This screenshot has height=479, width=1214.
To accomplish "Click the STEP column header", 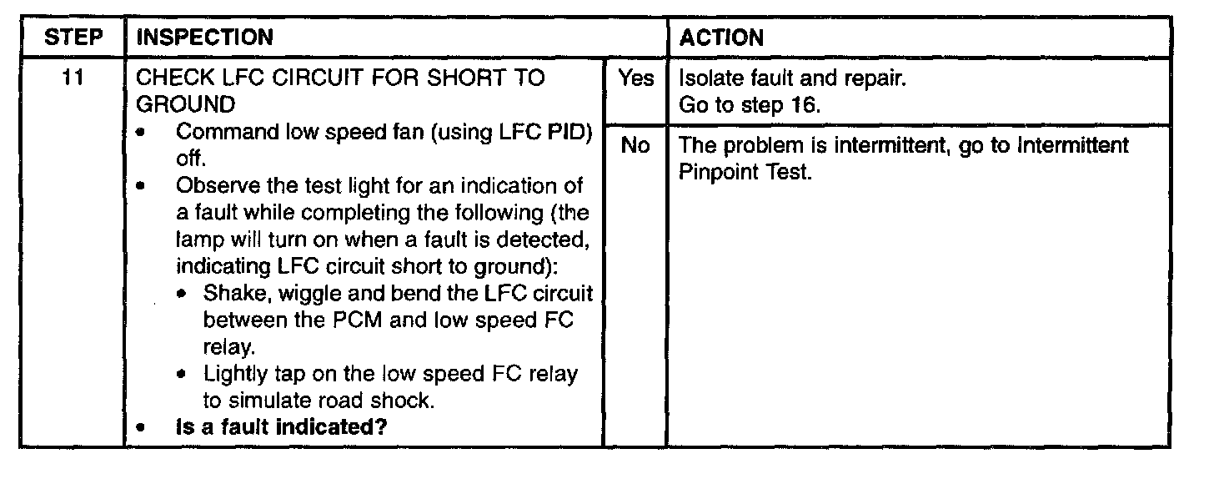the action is click(x=73, y=38).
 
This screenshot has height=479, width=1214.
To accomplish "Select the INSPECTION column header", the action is click(x=204, y=38).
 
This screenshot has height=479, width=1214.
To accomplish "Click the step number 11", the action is click(x=73, y=79).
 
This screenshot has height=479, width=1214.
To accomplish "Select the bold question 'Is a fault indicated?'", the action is click(x=283, y=426).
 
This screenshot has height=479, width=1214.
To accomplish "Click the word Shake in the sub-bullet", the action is click(x=228, y=295).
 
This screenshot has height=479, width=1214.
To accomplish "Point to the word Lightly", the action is click(x=233, y=374).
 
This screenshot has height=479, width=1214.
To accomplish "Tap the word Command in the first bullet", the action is click(x=218, y=133).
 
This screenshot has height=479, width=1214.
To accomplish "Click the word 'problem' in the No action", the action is click(x=755, y=146).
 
